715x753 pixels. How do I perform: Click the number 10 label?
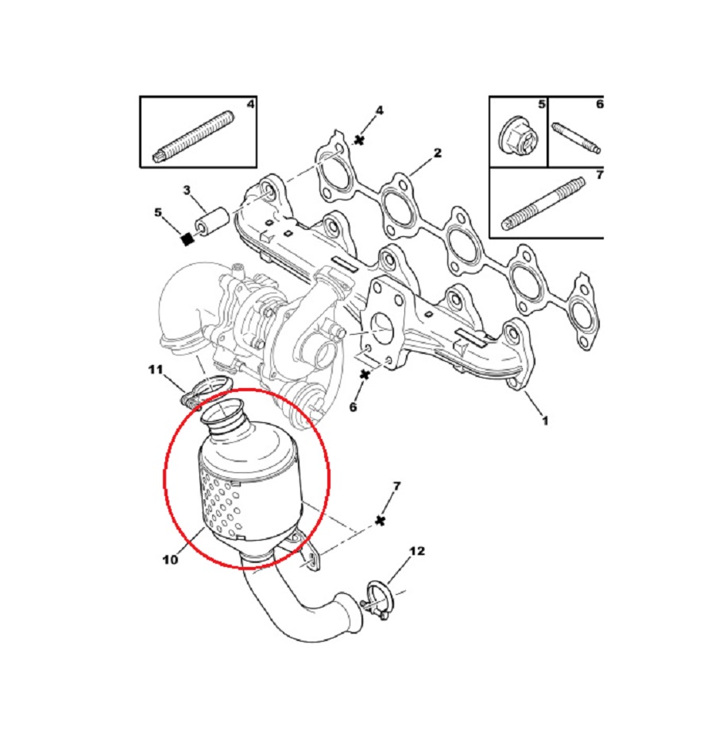tap(170, 560)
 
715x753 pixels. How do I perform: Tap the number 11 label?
tap(156, 370)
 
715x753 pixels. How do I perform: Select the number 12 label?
tap(416, 551)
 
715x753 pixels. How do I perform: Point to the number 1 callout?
tap(545, 421)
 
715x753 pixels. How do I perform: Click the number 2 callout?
tap(437, 153)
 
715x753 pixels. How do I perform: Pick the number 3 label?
tap(187, 190)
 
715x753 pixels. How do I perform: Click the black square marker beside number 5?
tap(187, 238)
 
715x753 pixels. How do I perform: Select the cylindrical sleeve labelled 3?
tap(212, 223)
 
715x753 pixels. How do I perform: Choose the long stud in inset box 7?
tap(543, 204)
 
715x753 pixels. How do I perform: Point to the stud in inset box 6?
tap(576, 139)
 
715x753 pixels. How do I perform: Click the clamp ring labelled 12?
tap(380, 600)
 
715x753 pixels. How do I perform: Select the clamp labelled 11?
tap(206, 390)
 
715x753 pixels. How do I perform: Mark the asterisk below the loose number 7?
tap(381, 521)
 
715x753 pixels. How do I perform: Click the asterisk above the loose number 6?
tap(365, 374)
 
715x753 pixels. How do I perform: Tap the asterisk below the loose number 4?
tap(358, 140)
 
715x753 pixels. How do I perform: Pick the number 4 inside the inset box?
tap(250, 103)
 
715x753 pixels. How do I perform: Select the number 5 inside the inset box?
tap(542, 103)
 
